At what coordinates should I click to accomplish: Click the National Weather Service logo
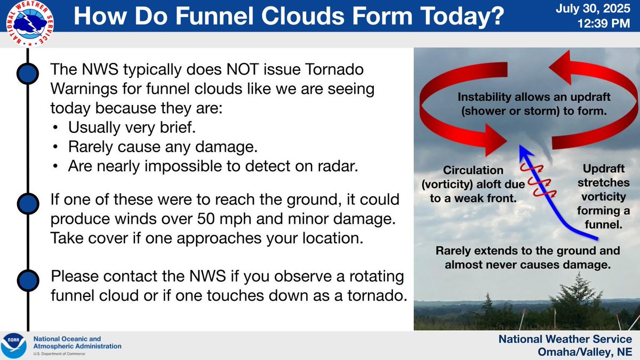point(30,23)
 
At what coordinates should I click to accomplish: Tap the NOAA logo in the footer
point(13,346)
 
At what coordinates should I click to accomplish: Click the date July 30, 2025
point(593,9)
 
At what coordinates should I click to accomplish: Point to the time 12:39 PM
point(604,23)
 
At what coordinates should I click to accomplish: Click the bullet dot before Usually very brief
point(55,127)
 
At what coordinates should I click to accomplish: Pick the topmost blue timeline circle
point(28,74)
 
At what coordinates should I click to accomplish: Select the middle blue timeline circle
point(28,204)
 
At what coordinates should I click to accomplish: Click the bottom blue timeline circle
point(28,281)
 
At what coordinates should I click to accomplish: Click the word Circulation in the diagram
point(473,170)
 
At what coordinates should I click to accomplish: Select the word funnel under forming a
point(603,225)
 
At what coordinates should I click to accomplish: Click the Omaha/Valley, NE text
point(585,351)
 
